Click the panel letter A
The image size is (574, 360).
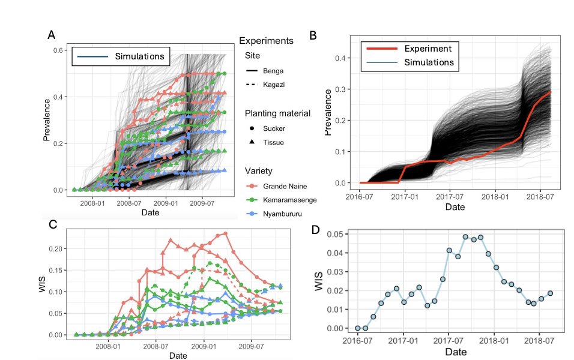[x=52, y=35]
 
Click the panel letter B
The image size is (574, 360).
[x=313, y=35]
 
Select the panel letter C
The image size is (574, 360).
[x=52, y=224]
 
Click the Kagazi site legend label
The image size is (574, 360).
[x=273, y=85]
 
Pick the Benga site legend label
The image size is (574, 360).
[x=273, y=71]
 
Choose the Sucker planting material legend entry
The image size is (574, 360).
[x=274, y=128]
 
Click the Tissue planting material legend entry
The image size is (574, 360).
[x=274, y=142]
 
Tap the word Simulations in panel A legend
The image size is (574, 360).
[x=139, y=56]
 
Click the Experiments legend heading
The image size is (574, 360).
[x=265, y=41]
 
